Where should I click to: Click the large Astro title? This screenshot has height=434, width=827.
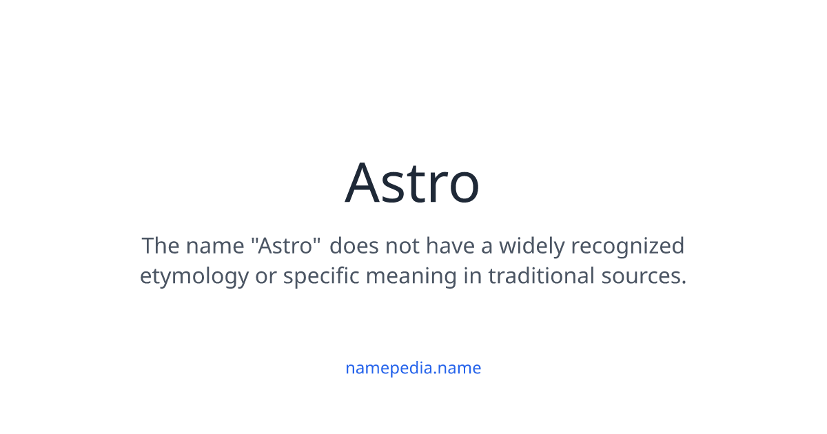click(412, 183)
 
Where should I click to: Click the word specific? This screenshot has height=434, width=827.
click(322, 276)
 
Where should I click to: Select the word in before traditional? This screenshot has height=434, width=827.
click(473, 276)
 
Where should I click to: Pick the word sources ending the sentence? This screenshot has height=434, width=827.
click(644, 276)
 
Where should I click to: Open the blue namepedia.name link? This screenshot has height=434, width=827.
click(413, 368)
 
